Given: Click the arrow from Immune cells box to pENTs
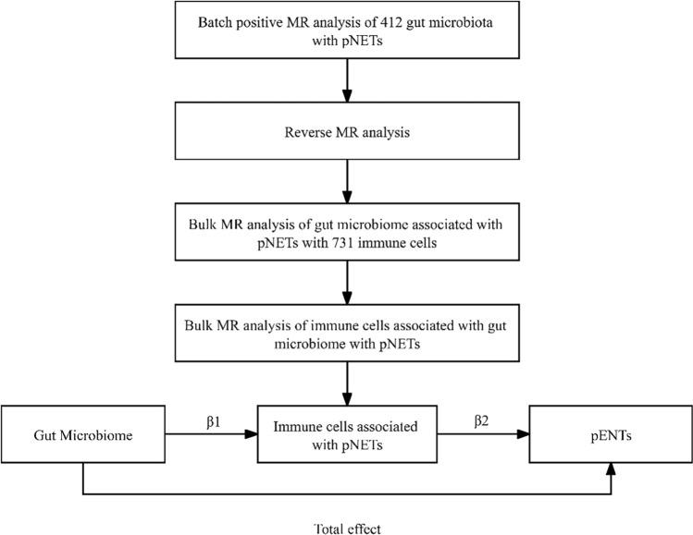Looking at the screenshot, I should coord(478,435).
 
